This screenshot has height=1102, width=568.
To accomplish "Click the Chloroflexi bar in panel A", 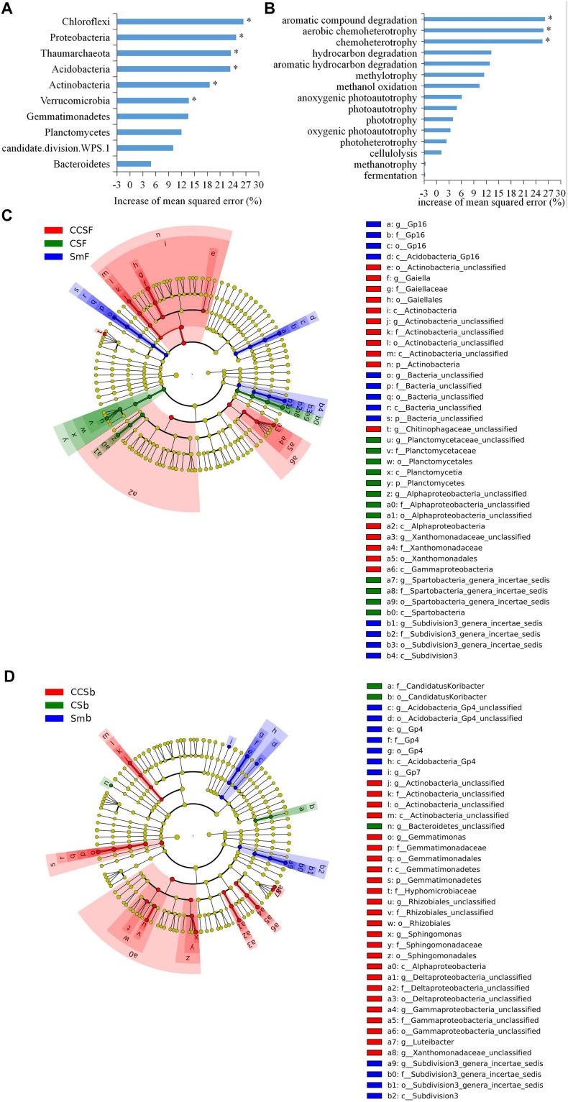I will pyautogui.click(x=180, y=22).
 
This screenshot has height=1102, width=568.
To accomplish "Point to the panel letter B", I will pyautogui.click(x=270, y=9).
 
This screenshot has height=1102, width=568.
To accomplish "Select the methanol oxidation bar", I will pyautogui.click(x=452, y=86).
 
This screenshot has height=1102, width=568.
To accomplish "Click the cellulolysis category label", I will pyautogui.click(x=393, y=153).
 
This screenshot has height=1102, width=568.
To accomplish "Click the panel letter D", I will pyautogui.click(x=9, y=677).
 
